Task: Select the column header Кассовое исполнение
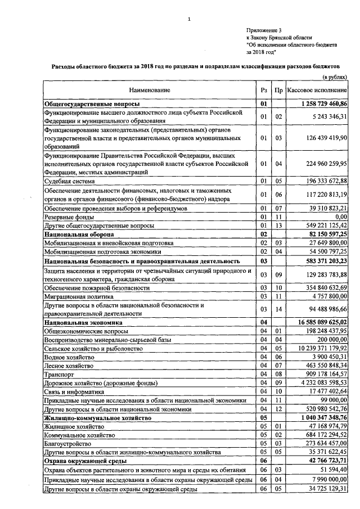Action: click(x=317, y=90)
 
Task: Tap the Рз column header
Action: click(x=263, y=90)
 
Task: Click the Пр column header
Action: click(x=278, y=90)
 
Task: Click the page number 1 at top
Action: click(x=190, y=20)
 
